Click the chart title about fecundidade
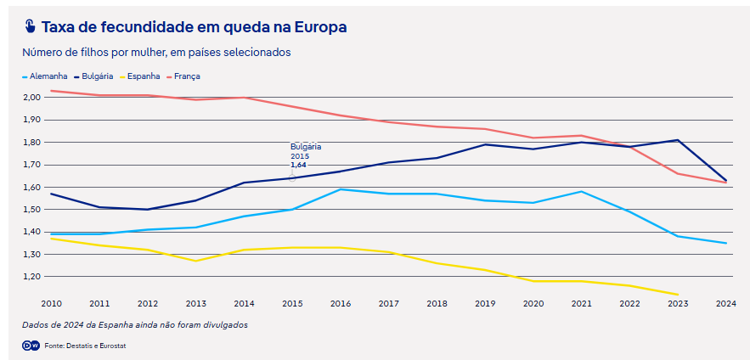[194, 27]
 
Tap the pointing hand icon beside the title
[31, 26]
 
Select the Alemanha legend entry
[48, 76]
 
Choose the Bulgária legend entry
[97, 76]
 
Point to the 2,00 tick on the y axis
[31, 98]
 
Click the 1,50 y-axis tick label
[31, 210]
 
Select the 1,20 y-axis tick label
[31, 277]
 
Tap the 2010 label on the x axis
[51, 303]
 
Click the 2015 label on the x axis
[293, 303]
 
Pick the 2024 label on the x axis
[725, 303]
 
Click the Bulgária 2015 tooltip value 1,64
[298, 165]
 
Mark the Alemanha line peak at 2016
[341, 189]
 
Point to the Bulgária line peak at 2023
[678, 140]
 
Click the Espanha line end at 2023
[678, 295]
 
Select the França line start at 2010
[51, 91]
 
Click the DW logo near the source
[31, 345]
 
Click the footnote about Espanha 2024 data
[135, 324]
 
